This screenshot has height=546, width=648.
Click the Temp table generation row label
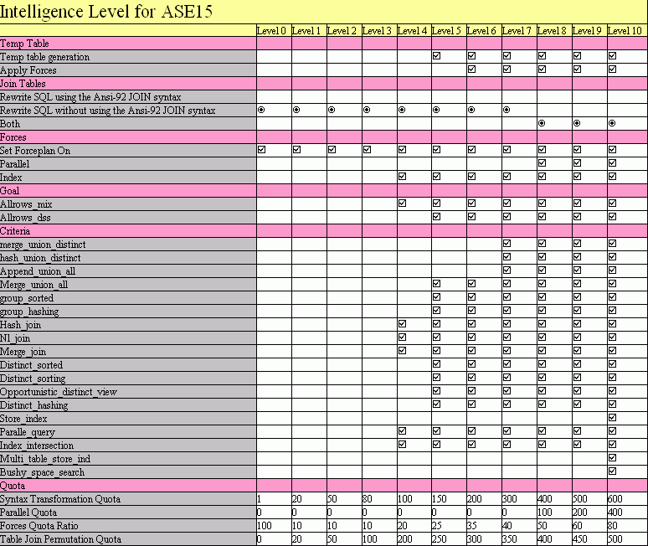45,57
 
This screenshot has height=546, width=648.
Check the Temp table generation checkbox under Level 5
437,56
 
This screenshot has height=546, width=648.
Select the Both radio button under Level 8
543,123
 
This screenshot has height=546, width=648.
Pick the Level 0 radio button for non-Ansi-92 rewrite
262,110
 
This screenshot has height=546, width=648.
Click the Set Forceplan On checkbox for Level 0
262,150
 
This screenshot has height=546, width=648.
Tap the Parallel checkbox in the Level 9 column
578,163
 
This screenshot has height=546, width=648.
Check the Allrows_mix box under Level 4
403,203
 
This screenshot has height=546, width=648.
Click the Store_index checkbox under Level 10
612,418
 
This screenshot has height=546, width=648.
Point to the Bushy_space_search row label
42,472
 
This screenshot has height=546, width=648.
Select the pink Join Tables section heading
23,84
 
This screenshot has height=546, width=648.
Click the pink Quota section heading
13,486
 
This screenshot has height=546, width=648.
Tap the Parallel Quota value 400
615,513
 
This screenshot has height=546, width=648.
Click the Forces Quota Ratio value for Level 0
265,526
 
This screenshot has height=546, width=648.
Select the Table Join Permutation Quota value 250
440,539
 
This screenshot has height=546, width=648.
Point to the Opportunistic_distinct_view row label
59,392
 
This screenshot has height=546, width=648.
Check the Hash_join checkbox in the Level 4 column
403,324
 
